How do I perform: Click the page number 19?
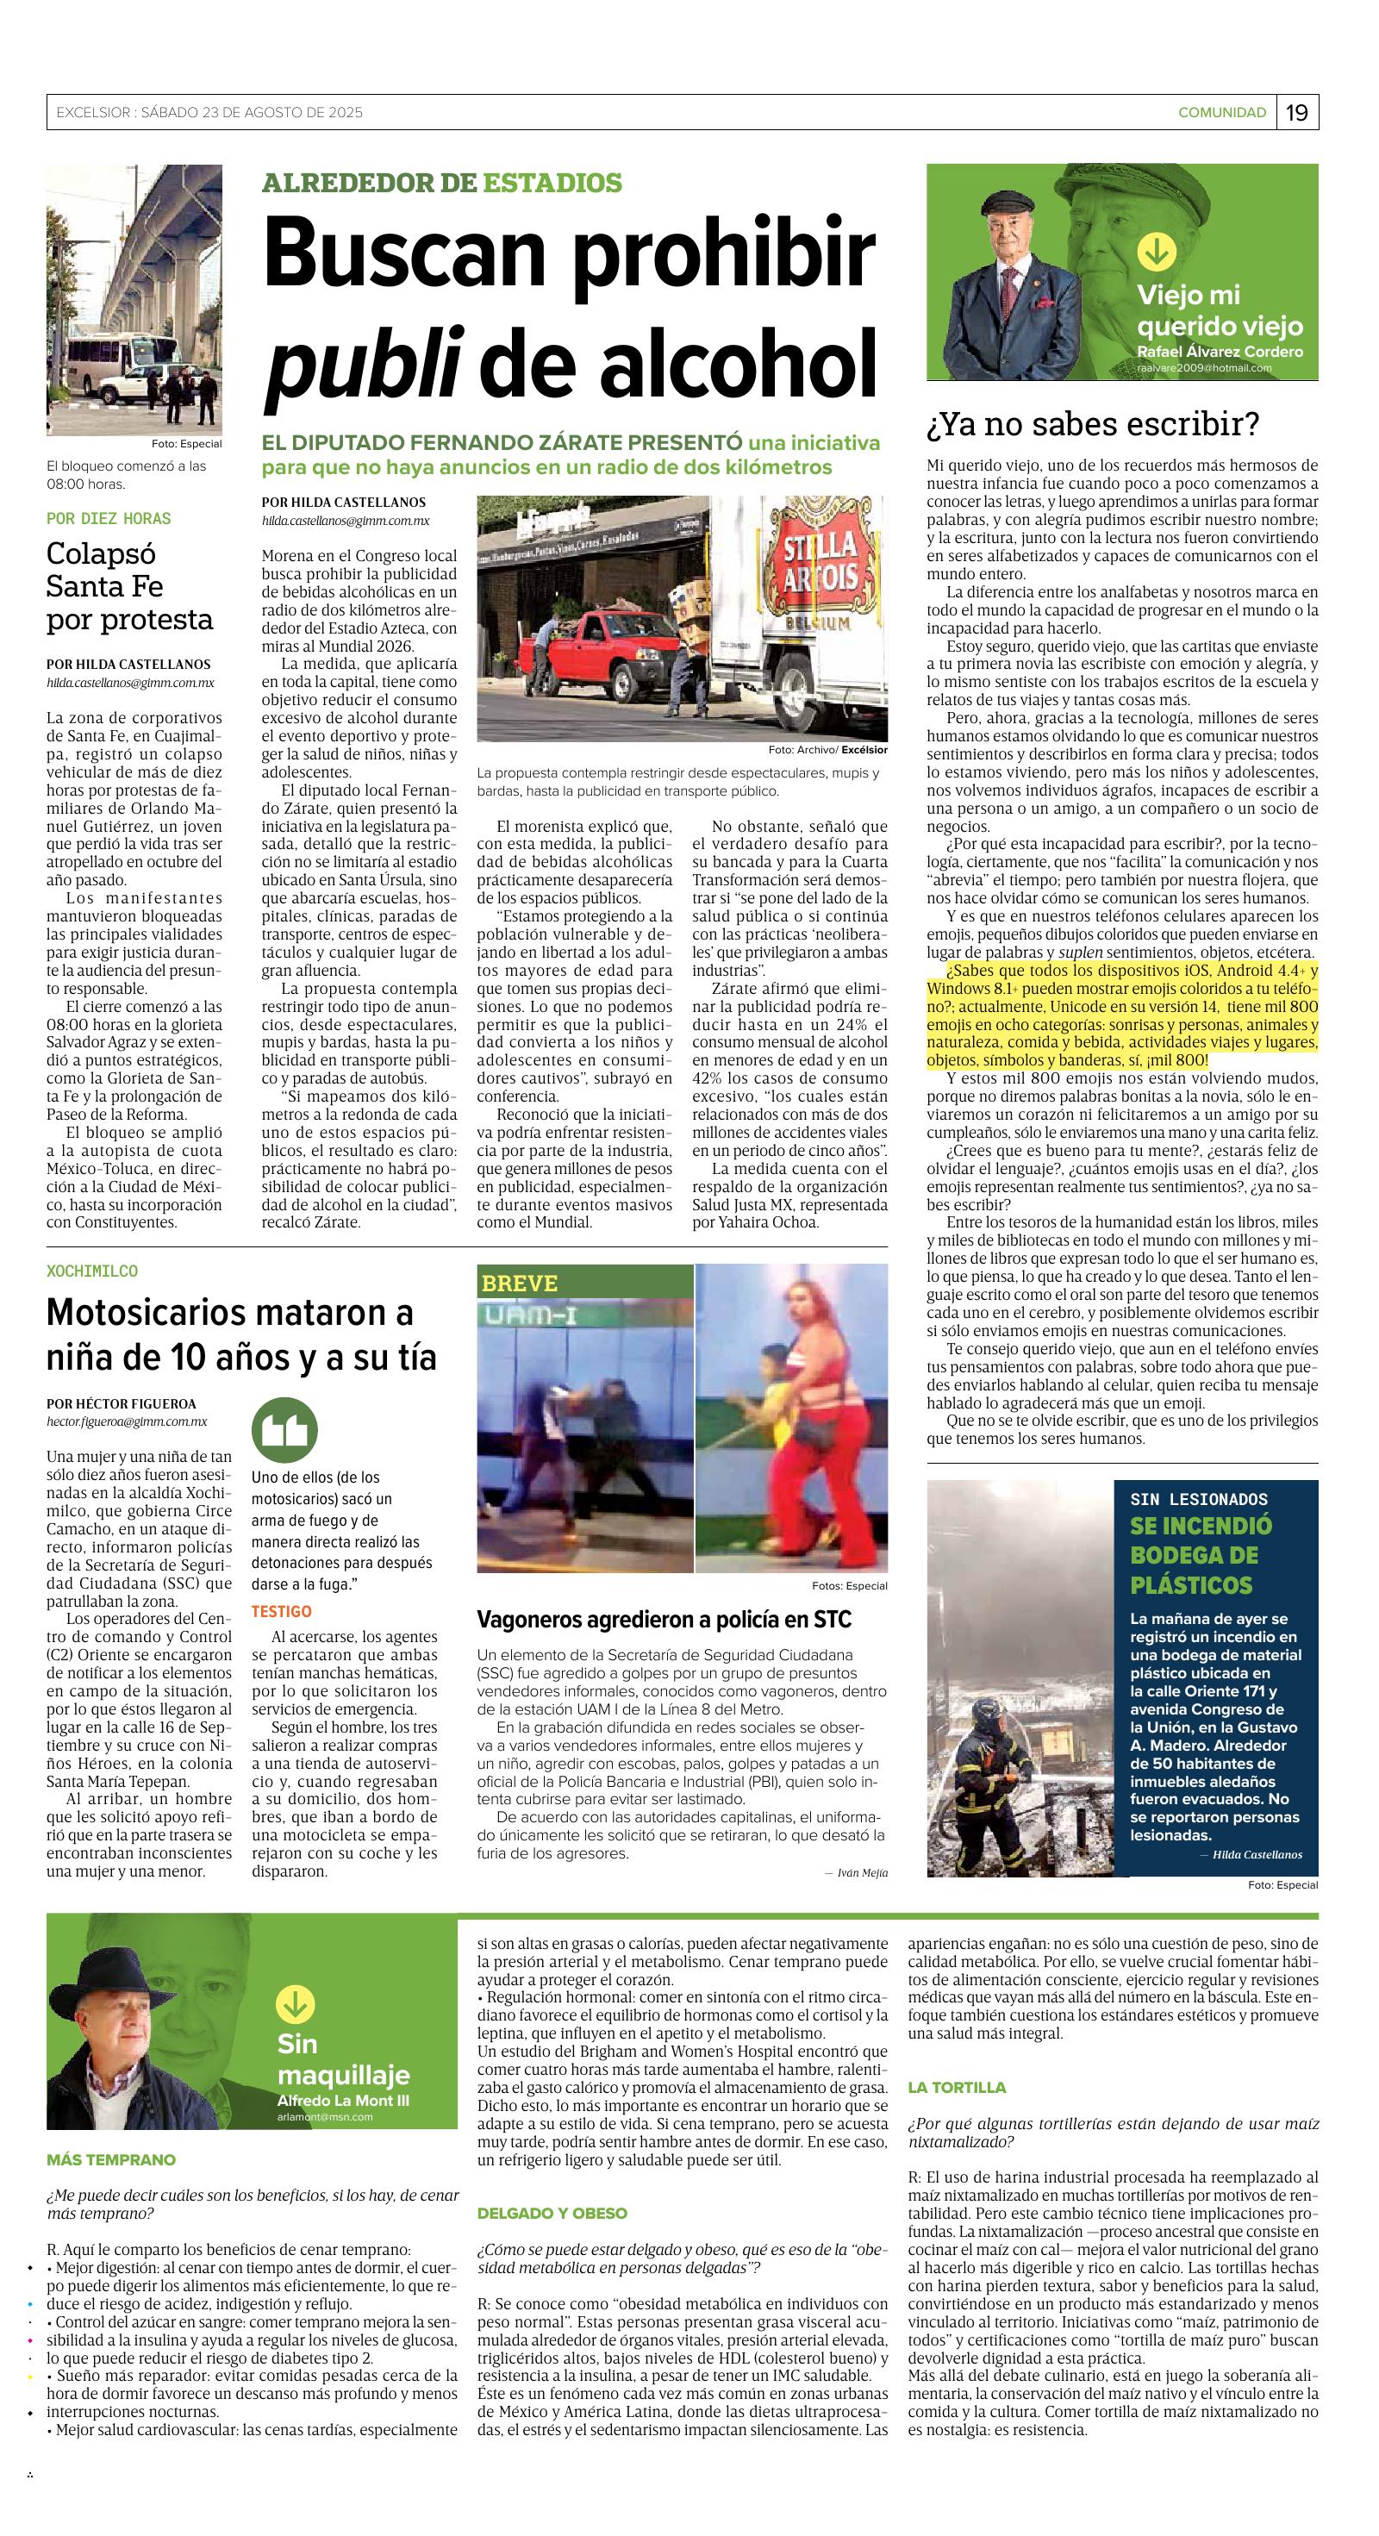[1296, 113]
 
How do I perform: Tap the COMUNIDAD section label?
[1221, 113]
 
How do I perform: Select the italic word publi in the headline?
[361, 362]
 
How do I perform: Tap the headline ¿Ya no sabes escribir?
[1093, 425]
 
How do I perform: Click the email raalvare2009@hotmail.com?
[1204, 368]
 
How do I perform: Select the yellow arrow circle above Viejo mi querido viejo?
[1156, 251]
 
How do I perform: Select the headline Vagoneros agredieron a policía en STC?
[665, 1620]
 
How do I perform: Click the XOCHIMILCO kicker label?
[92, 1271]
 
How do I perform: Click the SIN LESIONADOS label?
[1198, 1499]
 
